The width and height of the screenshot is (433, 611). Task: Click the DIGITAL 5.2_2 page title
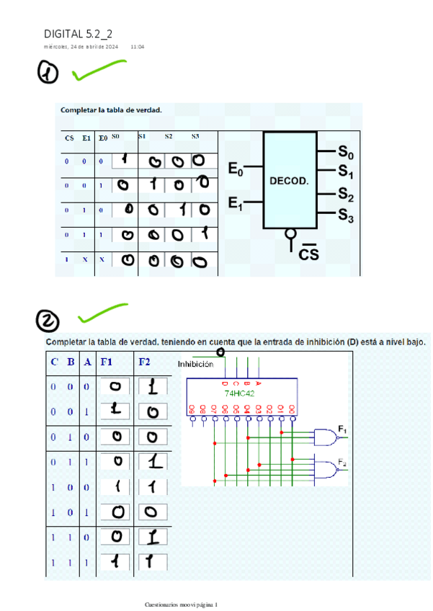pyautogui.click(x=78, y=34)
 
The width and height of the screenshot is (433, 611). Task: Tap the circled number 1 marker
pyautogui.click(x=49, y=73)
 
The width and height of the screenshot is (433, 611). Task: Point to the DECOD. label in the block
pyautogui.click(x=289, y=181)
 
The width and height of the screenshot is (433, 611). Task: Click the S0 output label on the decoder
pyautogui.click(x=346, y=153)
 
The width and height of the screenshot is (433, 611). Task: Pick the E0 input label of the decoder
pyautogui.click(x=236, y=170)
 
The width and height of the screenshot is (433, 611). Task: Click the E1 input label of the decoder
pyautogui.click(x=236, y=205)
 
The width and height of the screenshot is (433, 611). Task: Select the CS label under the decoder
pyautogui.click(x=308, y=254)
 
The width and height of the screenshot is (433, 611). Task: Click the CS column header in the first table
pyautogui.click(x=69, y=138)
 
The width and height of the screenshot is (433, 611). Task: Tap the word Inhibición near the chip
pyautogui.click(x=195, y=365)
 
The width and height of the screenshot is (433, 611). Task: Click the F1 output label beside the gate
pyautogui.click(x=343, y=431)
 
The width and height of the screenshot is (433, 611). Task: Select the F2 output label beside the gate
pyautogui.click(x=343, y=463)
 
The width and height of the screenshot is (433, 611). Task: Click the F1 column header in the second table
pyautogui.click(x=107, y=362)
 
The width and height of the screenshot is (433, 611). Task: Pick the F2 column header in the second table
pyautogui.click(x=144, y=362)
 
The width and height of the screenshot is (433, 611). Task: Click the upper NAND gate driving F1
pyautogui.click(x=326, y=437)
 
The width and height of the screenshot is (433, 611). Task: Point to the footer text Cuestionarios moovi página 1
pyautogui.click(x=185, y=604)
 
